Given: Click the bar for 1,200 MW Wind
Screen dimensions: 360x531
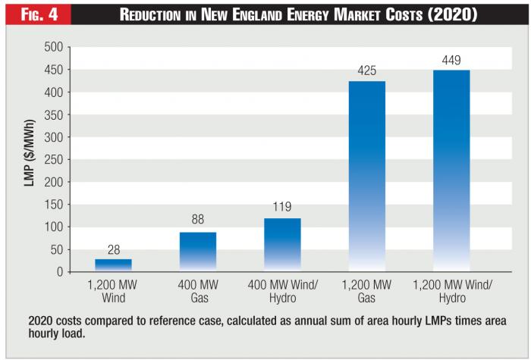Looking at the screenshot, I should (113, 265).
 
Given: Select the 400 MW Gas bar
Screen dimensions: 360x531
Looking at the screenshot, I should (197, 252).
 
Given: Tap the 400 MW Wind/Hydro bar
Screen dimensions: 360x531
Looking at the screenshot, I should (283, 245).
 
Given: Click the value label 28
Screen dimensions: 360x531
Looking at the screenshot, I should (113, 249).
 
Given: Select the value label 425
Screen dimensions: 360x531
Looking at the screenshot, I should (367, 70).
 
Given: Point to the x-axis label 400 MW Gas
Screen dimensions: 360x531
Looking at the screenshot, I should (197, 293).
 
